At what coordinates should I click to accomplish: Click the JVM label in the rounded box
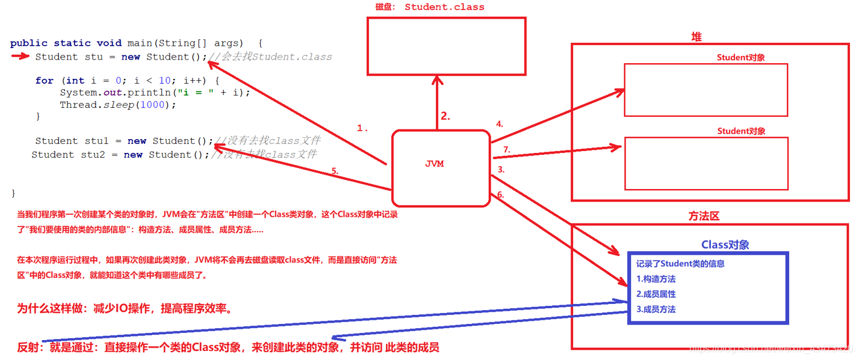click(434, 164)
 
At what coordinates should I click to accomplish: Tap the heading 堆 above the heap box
click(696, 37)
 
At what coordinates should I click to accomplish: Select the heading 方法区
click(704, 216)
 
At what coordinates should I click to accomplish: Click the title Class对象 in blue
click(725, 244)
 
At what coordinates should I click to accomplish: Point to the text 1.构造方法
click(656, 279)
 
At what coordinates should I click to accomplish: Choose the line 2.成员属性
click(656, 294)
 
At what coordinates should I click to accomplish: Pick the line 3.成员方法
click(656, 309)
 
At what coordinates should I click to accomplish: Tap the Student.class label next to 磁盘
click(444, 7)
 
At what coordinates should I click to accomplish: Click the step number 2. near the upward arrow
click(445, 117)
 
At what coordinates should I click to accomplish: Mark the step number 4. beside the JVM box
click(499, 125)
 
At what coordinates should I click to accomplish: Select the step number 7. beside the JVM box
click(506, 149)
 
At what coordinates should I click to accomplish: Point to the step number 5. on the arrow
click(335, 171)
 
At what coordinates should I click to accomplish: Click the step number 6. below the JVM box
click(500, 194)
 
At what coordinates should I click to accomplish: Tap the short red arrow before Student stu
click(20, 57)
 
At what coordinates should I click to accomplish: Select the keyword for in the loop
click(44, 81)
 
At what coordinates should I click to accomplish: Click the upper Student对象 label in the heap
click(745, 58)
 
